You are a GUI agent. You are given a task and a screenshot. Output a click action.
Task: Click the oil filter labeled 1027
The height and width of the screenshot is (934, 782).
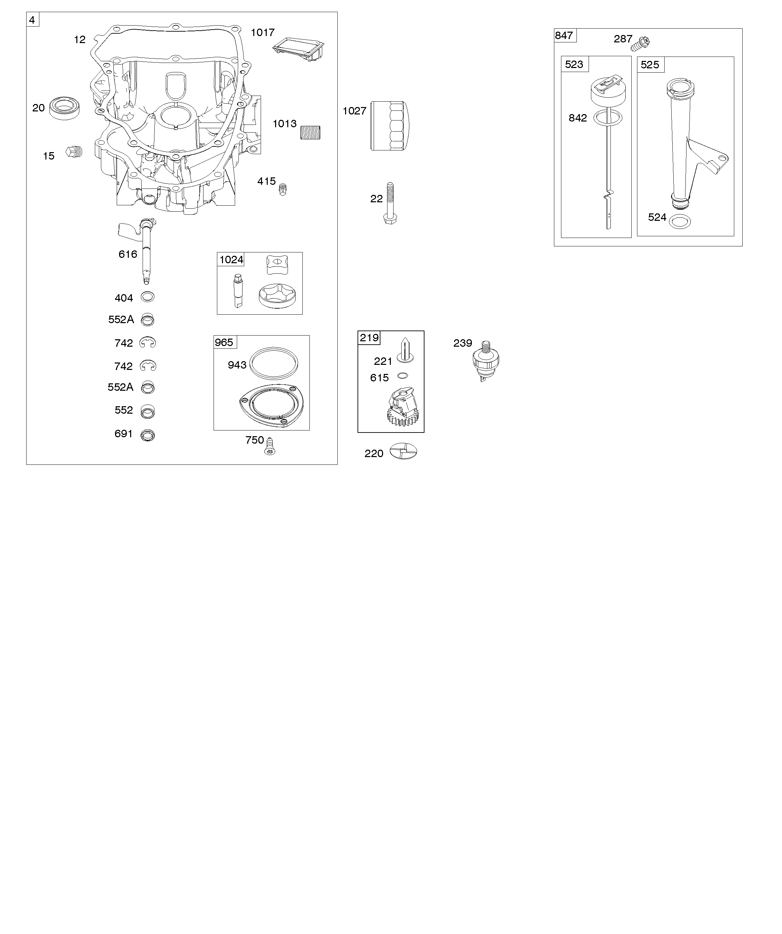click(x=390, y=126)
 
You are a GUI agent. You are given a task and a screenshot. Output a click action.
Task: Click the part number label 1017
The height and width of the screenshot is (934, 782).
click(x=263, y=32)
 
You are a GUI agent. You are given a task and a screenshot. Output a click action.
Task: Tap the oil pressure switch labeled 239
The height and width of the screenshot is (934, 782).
click(x=486, y=361)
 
